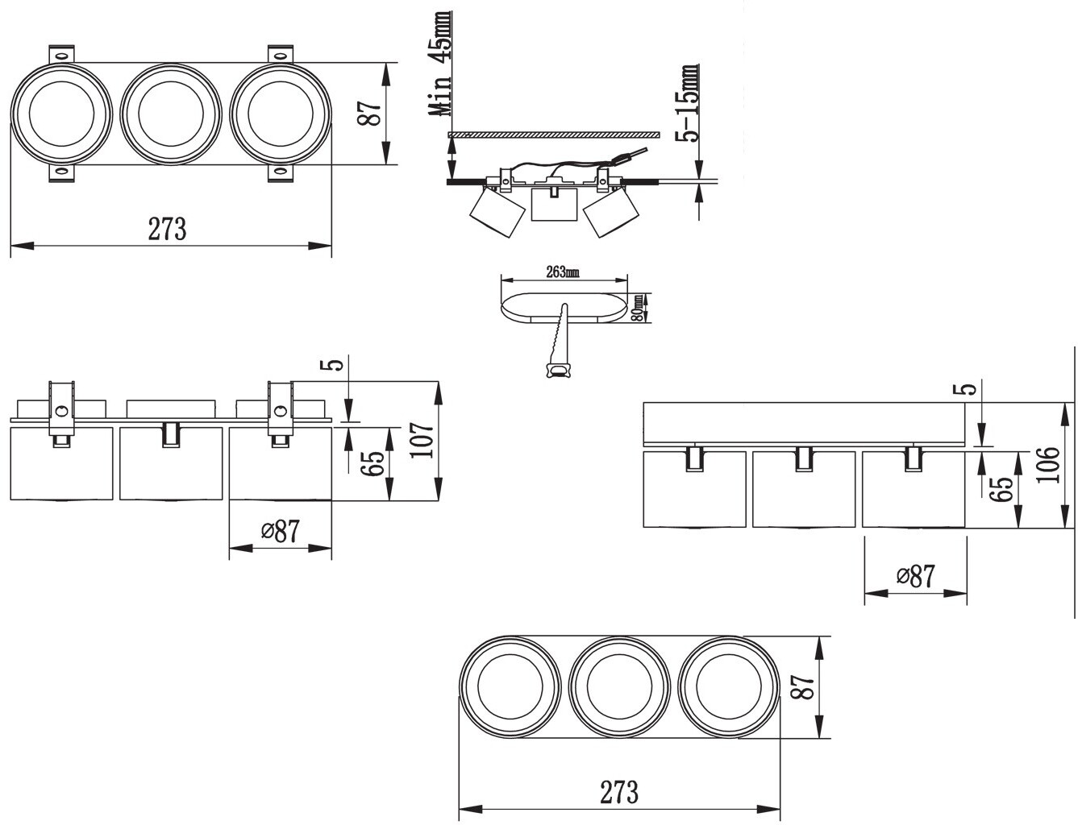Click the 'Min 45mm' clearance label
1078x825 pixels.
click(x=441, y=64)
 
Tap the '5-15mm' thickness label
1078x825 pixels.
click(x=689, y=103)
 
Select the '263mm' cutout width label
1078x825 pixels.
click(x=563, y=272)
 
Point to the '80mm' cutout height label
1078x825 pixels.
click(x=639, y=308)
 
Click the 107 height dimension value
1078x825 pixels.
click(x=422, y=440)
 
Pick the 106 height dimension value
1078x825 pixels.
click(x=1047, y=464)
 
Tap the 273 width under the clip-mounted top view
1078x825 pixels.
click(x=167, y=229)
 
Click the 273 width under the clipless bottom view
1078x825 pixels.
click(x=619, y=792)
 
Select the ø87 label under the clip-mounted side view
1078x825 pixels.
click(x=281, y=531)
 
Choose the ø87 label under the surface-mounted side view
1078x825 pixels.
click(x=916, y=576)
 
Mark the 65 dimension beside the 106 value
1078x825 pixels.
click(x=1000, y=489)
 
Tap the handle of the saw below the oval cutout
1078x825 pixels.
click(x=558, y=370)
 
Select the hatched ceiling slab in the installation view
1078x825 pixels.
click(x=554, y=135)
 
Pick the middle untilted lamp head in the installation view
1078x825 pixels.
click(x=554, y=204)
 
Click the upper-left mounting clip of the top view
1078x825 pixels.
click(x=61, y=54)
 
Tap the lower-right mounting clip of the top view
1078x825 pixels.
click(x=281, y=173)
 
